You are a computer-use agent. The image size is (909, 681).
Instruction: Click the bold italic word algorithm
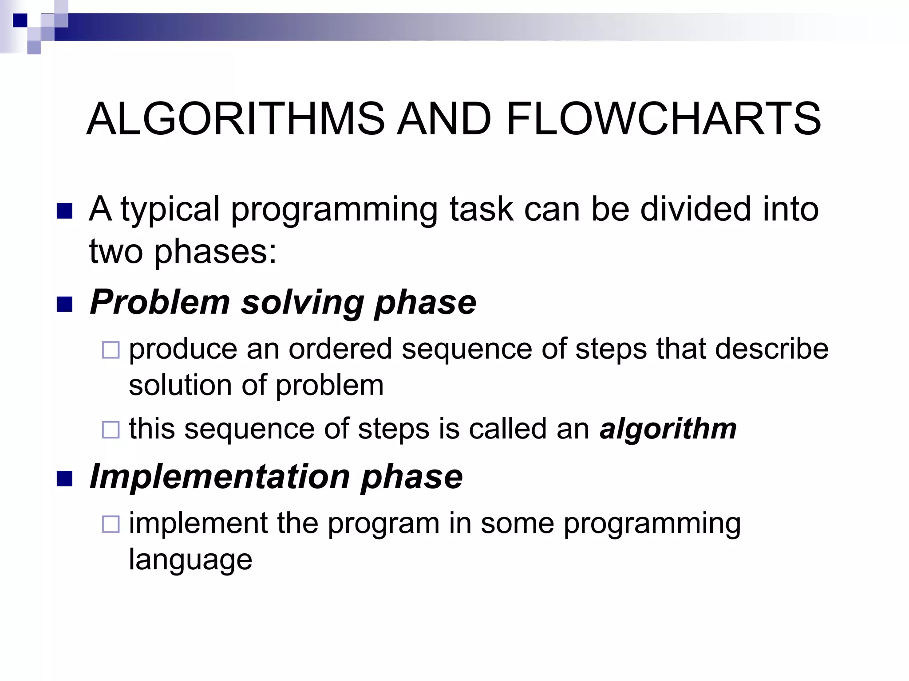(x=668, y=429)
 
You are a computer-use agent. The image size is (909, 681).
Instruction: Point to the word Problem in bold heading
(x=160, y=302)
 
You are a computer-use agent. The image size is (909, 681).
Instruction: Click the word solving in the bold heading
(x=302, y=303)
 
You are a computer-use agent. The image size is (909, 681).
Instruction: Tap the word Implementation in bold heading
(x=219, y=477)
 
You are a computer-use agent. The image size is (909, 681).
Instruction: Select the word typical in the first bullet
(x=170, y=210)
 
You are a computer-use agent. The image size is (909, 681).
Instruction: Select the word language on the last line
(x=190, y=560)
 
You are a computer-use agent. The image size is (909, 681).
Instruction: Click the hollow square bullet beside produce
(x=111, y=350)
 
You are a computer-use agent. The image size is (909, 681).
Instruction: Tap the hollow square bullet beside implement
(x=111, y=524)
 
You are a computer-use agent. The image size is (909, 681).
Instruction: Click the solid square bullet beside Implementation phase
(x=65, y=479)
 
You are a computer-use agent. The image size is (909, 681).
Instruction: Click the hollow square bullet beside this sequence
(x=111, y=430)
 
